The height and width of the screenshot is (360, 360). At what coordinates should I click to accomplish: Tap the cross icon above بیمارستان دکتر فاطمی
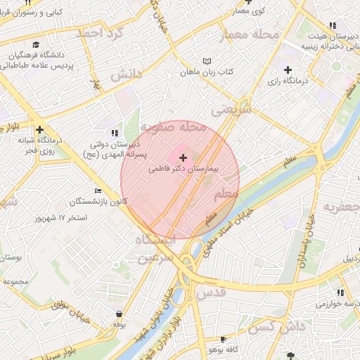coord(184,158)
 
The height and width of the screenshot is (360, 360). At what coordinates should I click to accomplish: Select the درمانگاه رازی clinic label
coord(288,81)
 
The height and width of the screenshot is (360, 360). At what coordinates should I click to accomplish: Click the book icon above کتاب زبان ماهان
coord(206,62)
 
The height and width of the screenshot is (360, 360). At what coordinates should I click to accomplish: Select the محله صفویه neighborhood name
coord(173,127)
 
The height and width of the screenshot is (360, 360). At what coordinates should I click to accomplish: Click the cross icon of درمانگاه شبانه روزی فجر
coord(39,129)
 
